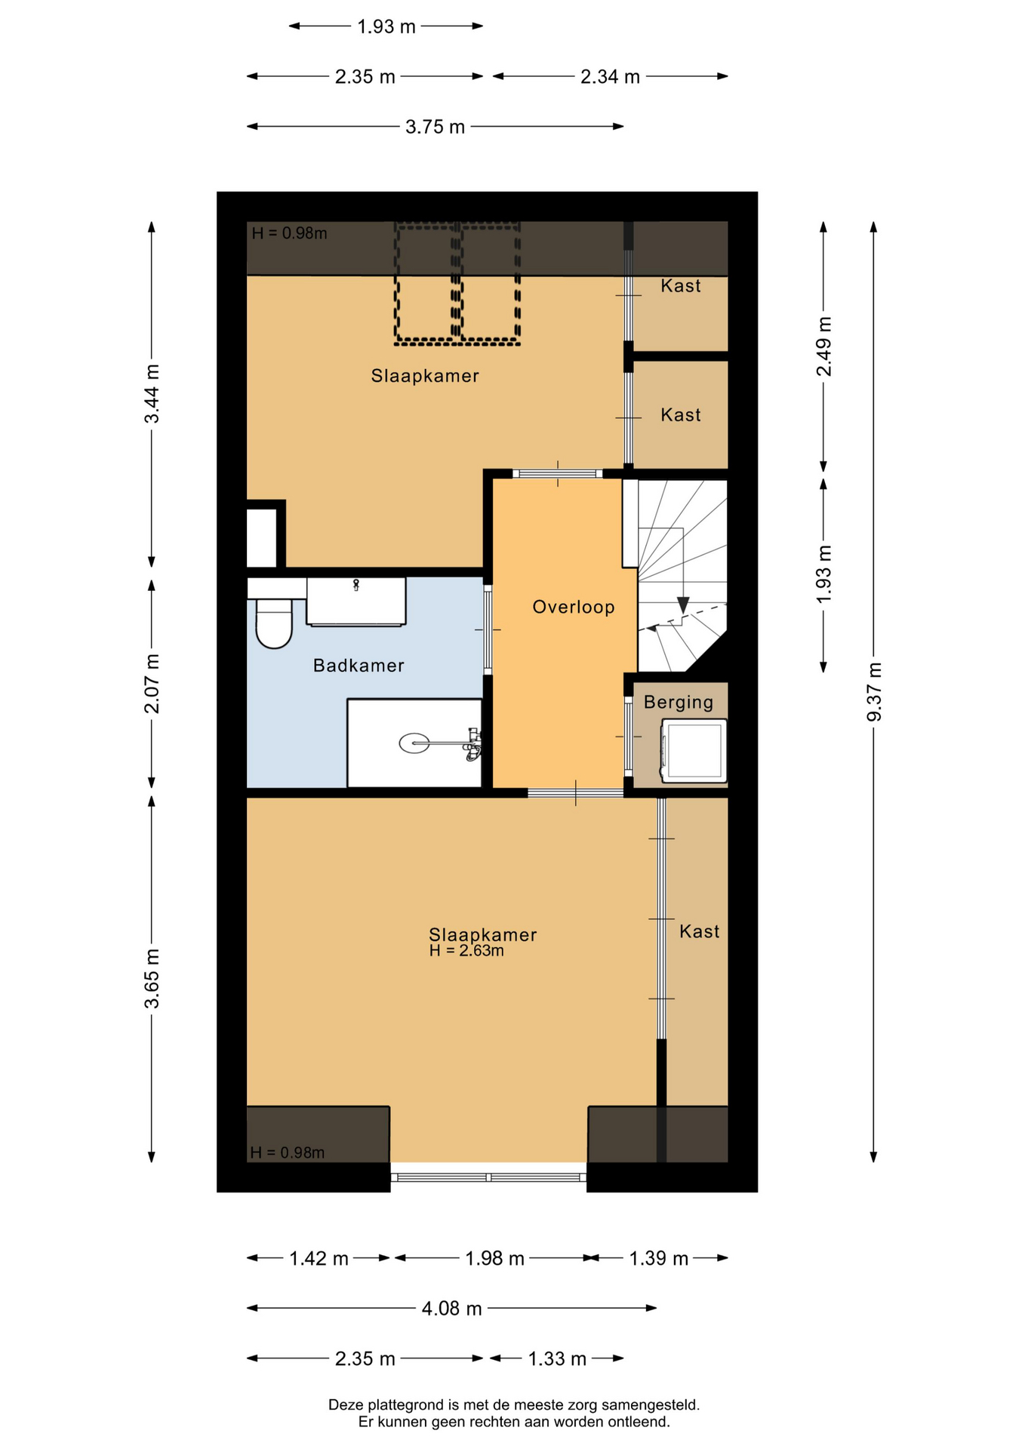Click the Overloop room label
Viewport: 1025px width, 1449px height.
click(574, 607)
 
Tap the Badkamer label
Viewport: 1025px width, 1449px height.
click(359, 665)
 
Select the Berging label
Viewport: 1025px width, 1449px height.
click(679, 703)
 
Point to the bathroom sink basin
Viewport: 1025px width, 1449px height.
click(356, 601)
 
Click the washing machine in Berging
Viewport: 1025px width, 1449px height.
click(694, 750)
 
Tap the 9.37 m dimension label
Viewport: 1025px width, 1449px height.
click(874, 691)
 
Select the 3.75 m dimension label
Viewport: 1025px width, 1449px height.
click(435, 127)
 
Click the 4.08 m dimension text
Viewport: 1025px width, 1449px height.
click(451, 1309)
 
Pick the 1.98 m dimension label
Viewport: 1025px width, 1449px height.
click(494, 1259)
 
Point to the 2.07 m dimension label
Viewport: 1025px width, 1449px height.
click(152, 683)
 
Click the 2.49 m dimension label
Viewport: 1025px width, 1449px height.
click(824, 346)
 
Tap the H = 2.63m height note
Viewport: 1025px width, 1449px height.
click(466, 951)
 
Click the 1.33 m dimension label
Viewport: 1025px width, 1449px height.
click(557, 1359)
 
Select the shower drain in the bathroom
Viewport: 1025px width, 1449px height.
click(414, 743)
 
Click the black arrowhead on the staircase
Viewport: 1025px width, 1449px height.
click(683, 605)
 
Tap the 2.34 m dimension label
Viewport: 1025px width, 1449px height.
click(610, 77)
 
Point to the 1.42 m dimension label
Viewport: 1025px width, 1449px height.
click(319, 1259)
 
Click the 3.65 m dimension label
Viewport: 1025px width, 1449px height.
click(152, 979)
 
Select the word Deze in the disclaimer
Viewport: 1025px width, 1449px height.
click(346, 1405)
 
